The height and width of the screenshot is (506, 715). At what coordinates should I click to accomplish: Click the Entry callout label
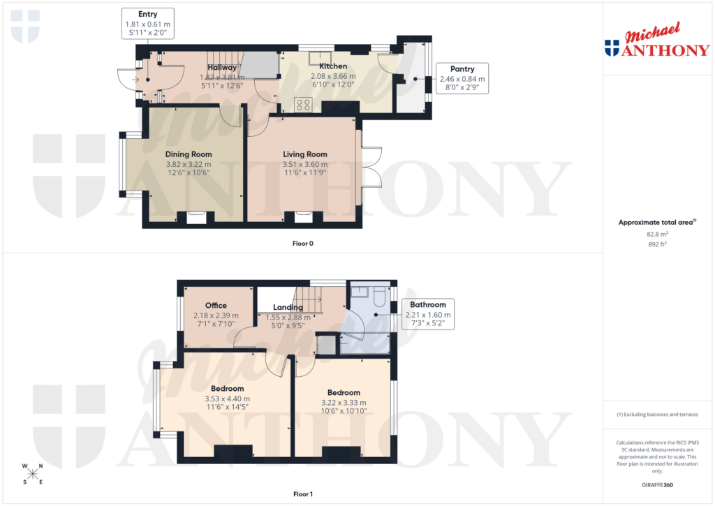147,14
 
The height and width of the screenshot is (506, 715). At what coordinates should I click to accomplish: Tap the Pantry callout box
462,69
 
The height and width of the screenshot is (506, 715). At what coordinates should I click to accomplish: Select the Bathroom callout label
428,305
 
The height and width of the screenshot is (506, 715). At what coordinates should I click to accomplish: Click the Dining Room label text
189,154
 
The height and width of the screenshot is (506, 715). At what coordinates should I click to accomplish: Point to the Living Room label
304,154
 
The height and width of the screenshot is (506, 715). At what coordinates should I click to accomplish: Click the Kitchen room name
333,66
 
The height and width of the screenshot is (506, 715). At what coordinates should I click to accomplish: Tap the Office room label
216,306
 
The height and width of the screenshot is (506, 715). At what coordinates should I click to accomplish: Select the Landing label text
288,307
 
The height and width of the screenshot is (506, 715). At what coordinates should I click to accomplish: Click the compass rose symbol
32,474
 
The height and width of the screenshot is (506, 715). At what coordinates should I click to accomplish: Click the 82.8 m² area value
657,235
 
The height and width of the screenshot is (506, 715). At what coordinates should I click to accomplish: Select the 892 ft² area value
657,245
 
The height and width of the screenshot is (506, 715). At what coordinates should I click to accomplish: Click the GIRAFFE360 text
657,484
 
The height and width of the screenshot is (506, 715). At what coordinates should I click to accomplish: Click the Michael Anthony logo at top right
656,42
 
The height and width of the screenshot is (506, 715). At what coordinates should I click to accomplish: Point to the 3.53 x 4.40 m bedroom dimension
227,399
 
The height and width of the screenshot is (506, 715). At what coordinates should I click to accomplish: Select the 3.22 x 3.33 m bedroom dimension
343,403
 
